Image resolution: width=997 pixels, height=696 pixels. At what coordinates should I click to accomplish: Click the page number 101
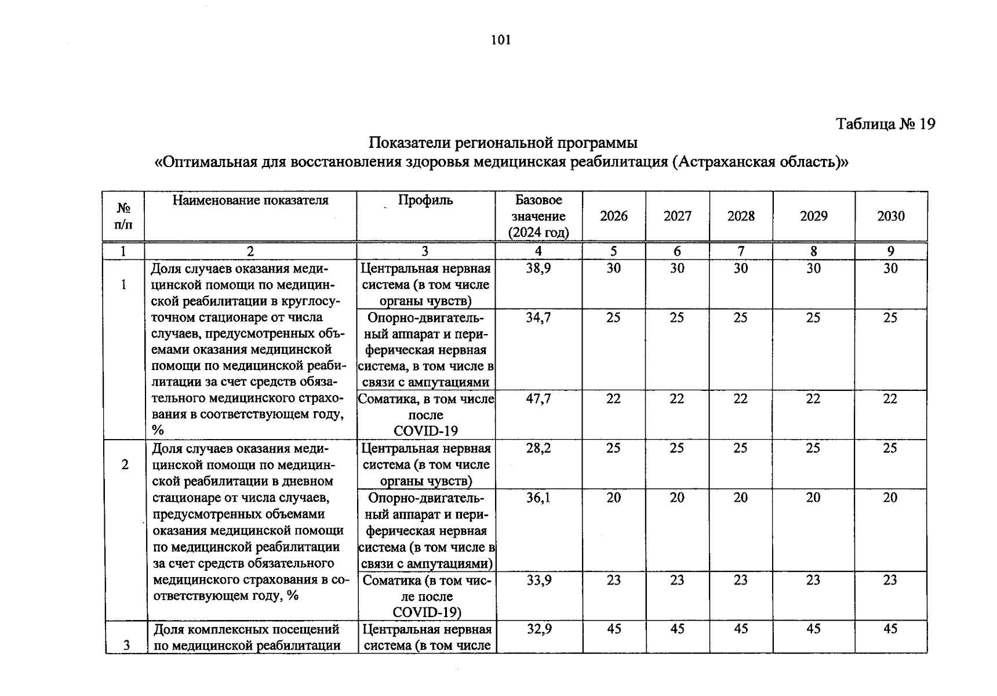tap(501, 40)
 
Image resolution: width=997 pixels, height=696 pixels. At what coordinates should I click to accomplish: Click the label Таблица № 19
tap(885, 124)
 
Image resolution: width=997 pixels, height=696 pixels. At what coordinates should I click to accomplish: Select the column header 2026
tap(613, 216)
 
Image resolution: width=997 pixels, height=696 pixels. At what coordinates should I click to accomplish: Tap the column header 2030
tap(890, 216)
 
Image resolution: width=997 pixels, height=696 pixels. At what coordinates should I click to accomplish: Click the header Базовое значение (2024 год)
tap(538, 216)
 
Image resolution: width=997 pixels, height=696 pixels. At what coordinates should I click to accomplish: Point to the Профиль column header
tap(425, 200)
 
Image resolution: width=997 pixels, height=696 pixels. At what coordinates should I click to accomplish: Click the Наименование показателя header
tap(250, 200)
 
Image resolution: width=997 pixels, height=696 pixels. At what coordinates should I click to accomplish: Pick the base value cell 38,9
tap(538, 269)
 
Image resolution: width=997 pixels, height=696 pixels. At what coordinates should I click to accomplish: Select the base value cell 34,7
tap(538, 318)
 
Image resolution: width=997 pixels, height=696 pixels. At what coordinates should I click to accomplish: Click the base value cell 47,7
tap(538, 399)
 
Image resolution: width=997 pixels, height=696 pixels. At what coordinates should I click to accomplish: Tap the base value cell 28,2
tap(538, 448)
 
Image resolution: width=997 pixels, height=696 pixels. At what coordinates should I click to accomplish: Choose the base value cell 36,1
tap(538, 498)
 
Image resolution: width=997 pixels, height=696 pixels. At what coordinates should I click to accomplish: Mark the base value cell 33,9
tap(539, 580)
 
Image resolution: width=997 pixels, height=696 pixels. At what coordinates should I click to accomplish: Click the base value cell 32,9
tap(539, 629)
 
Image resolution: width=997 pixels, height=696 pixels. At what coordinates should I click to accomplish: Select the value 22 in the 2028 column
tap(741, 399)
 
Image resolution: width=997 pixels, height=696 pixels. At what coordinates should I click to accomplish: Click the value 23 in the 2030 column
tap(890, 580)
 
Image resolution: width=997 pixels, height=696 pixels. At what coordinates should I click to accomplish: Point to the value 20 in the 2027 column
tap(677, 498)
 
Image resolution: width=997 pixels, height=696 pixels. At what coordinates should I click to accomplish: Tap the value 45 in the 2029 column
tap(813, 629)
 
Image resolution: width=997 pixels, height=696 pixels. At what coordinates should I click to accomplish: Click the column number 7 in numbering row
tap(741, 251)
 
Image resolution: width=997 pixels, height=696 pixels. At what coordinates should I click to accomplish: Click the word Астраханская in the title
tap(727, 162)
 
